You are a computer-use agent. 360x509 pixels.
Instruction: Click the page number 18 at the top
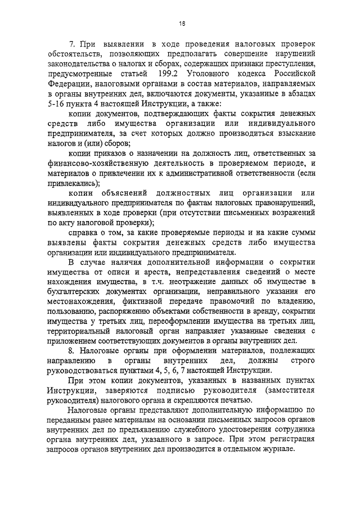(x=182, y=23)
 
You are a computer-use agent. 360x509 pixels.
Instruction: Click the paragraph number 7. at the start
(x=71, y=43)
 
